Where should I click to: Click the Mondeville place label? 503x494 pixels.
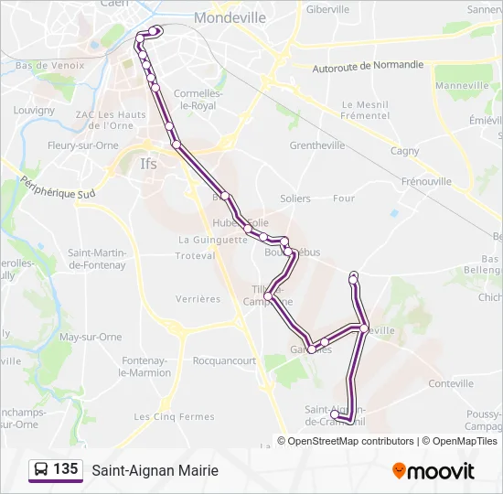pos(230,17)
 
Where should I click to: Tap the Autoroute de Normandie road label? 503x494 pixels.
pos(368,66)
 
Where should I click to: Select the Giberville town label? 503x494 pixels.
pos(328,9)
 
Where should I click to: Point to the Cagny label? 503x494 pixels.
pos(404,152)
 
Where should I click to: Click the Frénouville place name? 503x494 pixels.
pos(426,181)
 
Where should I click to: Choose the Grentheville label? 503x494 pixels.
pos(316,145)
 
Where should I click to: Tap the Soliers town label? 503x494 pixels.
pos(295,199)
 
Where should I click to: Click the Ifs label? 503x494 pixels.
pos(148,166)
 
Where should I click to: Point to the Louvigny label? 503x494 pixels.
pos(35,110)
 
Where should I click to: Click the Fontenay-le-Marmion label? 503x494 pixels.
pos(145,366)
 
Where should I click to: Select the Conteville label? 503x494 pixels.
pos(451,384)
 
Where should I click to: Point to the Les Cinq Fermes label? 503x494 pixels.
pos(162,417)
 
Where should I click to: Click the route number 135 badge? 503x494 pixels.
pos(65,469)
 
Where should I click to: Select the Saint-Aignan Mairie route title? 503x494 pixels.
pos(155,470)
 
